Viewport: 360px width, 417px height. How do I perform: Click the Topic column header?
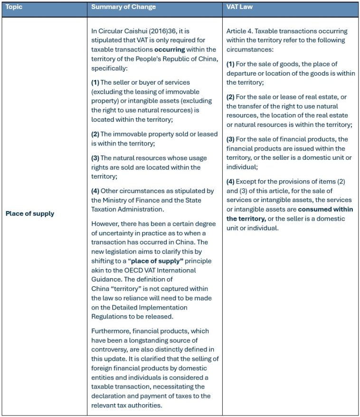14,8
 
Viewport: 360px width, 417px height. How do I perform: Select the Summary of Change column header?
123,8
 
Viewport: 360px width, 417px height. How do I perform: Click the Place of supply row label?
29,213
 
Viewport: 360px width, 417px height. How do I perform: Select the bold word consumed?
315,210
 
